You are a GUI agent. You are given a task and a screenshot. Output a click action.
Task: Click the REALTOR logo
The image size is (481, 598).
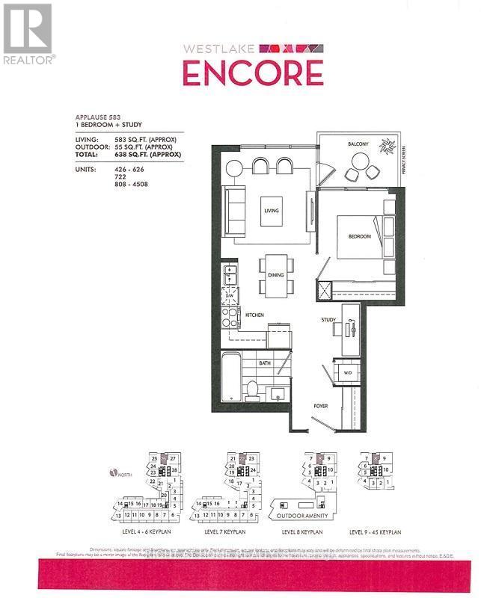pyautogui.click(x=28, y=34)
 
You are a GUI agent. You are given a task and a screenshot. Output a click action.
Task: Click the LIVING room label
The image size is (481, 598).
pyautogui.click(x=270, y=211)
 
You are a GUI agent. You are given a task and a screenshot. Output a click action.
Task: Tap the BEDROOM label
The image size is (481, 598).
pyautogui.click(x=359, y=236)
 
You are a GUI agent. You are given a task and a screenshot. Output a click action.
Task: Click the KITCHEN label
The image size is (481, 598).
pyautogui.click(x=255, y=316)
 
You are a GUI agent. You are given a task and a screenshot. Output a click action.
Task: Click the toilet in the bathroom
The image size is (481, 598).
pyautogui.click(x=252, y=389)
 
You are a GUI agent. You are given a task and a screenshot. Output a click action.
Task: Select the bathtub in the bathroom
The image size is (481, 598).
pyautogui.click(x=230, y=377)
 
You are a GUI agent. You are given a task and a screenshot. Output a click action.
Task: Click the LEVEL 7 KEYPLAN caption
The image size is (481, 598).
pyautogui.click(x=225, y=533)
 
